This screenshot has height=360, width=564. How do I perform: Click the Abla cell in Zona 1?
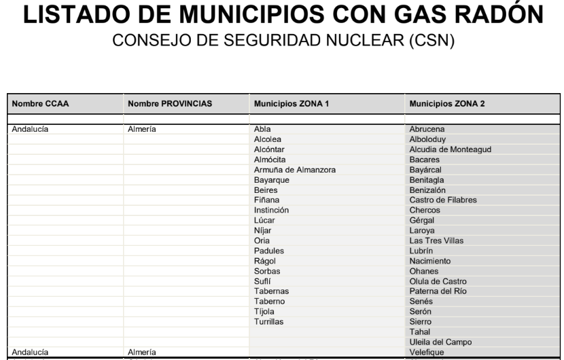tap(262, 128)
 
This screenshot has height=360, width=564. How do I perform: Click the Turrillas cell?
tap(268, 321)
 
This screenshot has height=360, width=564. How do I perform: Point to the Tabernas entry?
tap(270, 291)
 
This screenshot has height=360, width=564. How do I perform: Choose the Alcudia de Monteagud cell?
tap(450, 149)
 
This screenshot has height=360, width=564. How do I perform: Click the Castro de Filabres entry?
tap(443, 200)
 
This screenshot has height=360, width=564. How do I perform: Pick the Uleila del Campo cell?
tap(440, 342)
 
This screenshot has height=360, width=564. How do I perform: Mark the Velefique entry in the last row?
tap(427, 352)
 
